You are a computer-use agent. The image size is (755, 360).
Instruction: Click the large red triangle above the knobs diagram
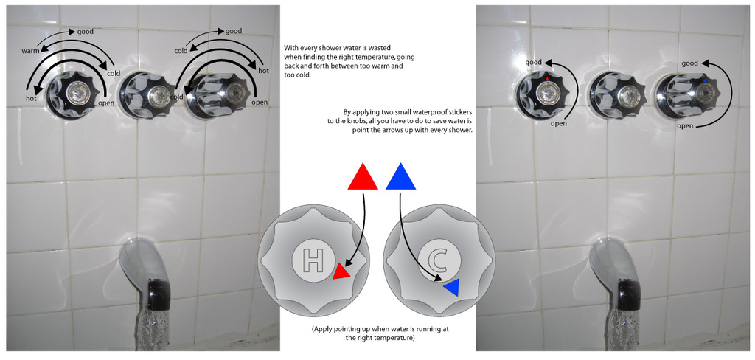pyautogui.click(x=362, y=177)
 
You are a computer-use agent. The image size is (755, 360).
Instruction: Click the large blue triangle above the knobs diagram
pyautogui.click(x=400, y=177)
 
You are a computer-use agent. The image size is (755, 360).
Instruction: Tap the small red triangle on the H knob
pyautogui.click(x=341, y=272)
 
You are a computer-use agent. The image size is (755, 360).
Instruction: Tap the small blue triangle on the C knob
pyautogui.click(x=453, y=287)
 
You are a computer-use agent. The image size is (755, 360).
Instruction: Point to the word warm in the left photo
pyautogui.click(x=29, y=50)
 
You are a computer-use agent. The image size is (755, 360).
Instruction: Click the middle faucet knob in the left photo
pyautogui.click(x=147, y=94)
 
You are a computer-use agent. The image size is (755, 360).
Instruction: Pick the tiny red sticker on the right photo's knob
pyautogui.click(x=547, y=78)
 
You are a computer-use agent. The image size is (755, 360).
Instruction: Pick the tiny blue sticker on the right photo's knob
pyautogui.click(x=705, y=81)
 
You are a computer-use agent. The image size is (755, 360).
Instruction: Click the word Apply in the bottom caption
pyautogui.click(x=324, y=329)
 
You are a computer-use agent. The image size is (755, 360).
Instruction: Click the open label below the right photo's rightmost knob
pyautogui.click(x=685, y=126)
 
